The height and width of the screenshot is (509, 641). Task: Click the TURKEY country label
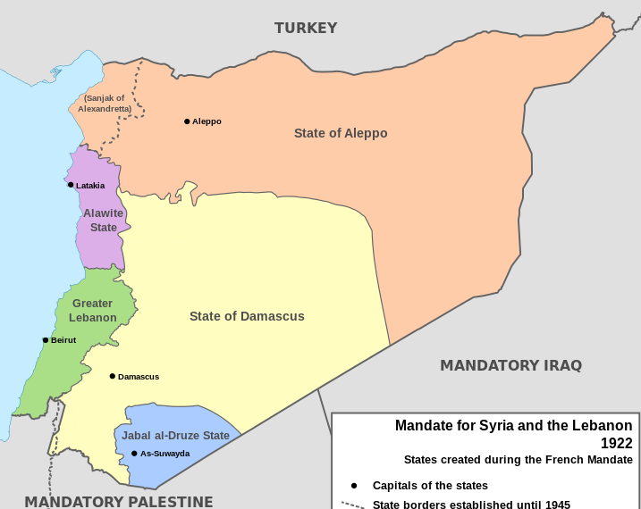click(x=306, y=28)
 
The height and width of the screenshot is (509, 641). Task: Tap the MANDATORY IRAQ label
click(x=510, y=365)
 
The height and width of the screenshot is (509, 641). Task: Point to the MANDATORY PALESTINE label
click(x=118, y=501)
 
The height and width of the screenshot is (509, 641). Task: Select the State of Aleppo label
click(x=341, y=133)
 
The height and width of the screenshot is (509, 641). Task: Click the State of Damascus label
click(x=247, y=316)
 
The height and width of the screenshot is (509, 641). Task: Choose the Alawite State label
click(x=104, y=221)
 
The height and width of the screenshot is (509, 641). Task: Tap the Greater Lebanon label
click(x=94, y=311)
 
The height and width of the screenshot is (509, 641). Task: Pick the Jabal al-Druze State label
click(x=176, y=436)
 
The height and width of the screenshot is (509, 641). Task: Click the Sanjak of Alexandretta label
click(x=105, y=104)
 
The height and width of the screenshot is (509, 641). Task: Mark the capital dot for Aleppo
click(x=187, y=121)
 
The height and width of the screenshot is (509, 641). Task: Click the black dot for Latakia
click(x=71, y=185)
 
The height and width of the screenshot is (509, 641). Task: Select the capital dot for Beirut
click(x=46, y=340)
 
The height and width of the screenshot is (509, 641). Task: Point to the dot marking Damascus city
click(x=112, y=376)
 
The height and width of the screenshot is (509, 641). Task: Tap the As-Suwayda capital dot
click(x=134, y=454)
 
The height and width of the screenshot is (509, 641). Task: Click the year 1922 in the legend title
click(x=616, y=443)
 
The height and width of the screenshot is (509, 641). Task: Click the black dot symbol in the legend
click(x=354, y=486)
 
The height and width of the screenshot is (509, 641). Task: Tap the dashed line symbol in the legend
click(x=353, y=505)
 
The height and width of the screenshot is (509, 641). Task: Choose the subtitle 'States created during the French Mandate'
click(x=518, y=460)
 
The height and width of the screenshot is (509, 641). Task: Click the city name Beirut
click(x=63, y=340)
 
